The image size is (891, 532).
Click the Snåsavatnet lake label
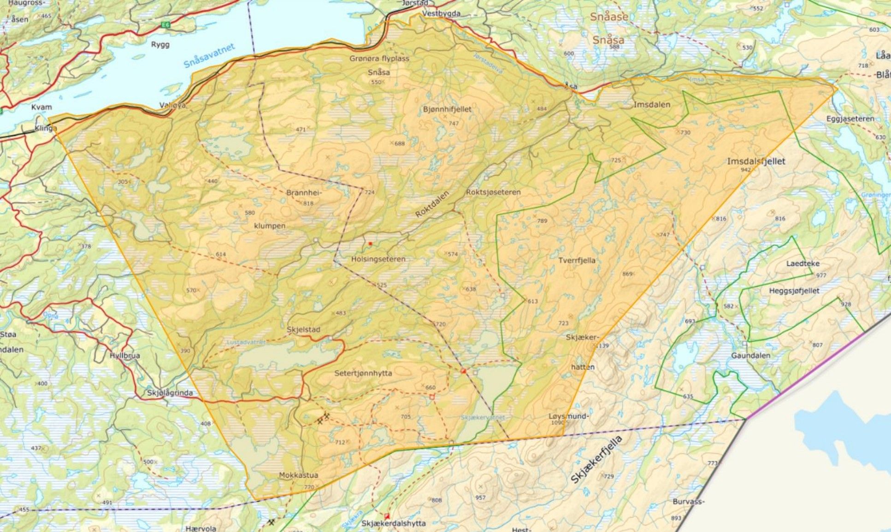coord(210,56)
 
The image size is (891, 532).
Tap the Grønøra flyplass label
coord(379,58)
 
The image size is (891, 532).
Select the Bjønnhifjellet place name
coord(447,109)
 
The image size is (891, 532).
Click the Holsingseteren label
coord(378,259)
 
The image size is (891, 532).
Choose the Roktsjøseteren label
coord(493,192)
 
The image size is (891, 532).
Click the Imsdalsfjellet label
coord(756,161)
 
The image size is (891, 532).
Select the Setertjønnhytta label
coord(363,373)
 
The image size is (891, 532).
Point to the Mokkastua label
coord(298,475)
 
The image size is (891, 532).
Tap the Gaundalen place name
coord(750,356)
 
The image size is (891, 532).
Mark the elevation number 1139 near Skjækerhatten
coord(603,345)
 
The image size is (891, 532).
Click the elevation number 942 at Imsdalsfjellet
coord(745,170)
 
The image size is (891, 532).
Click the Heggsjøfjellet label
coord(794,291)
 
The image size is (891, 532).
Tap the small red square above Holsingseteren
coord(370,243)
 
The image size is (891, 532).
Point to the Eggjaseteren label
coord(850,118)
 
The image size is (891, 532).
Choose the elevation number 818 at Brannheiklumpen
coord(308,203)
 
